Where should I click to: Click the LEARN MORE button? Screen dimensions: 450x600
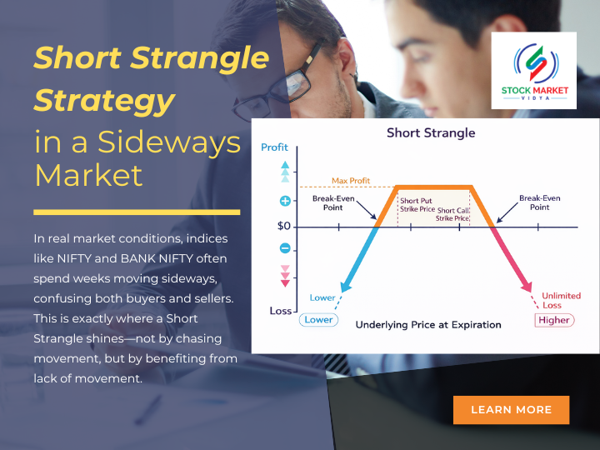click(x=511, y=409)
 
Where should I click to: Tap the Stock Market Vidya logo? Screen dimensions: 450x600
click(x=533, y=71)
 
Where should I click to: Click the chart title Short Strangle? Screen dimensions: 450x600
click(x=430, y=133)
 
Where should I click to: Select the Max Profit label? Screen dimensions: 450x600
click(x=351, y=180)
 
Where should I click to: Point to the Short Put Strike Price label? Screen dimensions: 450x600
click(x=417, y=205)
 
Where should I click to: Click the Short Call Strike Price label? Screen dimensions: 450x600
click(x=452, y=215)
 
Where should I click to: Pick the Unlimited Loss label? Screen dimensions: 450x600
click(x=561, y=300)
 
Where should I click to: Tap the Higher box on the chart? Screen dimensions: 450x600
click(x=554, y=320)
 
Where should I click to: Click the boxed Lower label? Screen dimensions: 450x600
click(x=318, y=320)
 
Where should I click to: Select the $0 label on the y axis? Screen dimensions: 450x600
click(x=284, y=226)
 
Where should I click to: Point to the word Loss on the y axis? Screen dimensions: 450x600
click(x=280, y=311)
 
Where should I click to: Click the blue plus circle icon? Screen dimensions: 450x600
click(x=285, y=201)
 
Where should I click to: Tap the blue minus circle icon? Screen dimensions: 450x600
click(x=285, y=248)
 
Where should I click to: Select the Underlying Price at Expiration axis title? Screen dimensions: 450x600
click(x=428, y=324)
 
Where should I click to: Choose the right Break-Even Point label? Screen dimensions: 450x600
click(x=539, y=202)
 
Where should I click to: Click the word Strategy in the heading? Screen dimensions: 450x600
click(x=104, y=102)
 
